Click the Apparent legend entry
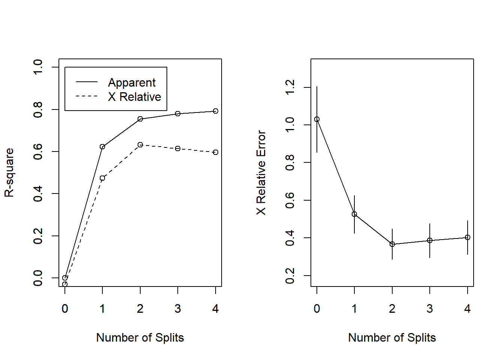(132, 82)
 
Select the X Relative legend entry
(134, 97)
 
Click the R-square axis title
(9, 172)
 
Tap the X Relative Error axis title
(261, 172)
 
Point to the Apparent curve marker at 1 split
(102, 147)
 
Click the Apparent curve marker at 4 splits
(216, 111)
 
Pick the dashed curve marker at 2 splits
(140, 145)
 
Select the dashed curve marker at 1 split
(102, 178)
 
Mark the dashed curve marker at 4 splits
(216, 152)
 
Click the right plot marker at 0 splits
(317, 119)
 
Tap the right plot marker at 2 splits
(392, 244)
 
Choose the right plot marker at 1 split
(354, 214)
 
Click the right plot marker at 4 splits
(468, 237)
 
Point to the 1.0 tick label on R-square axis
(38, 67)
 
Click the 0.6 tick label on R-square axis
(38, 151)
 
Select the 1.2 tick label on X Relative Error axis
(290, 87)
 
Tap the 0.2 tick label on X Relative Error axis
(290, 276)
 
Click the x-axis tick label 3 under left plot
(178, 309)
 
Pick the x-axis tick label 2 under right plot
(392, 309)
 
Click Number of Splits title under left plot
(140, 337)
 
